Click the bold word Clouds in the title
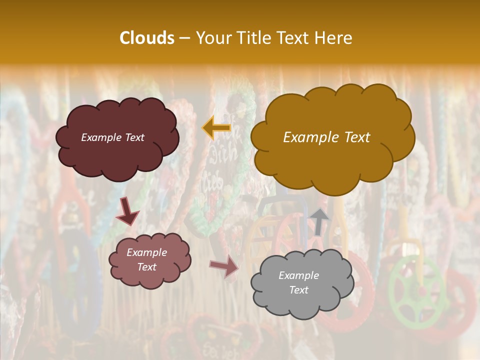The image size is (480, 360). pyautogui.click(x=147, y=38)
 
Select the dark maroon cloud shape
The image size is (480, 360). pyautogui.click(x=117, y=155)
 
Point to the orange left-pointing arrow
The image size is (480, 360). pyautogui.click(x=216, y=127)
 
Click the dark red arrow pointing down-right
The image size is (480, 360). pyautogui.click(x=127, y=211)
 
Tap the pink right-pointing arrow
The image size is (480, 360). pyautogui.click(x=224, y=266)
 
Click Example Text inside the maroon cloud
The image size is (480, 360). pyautogui.click(x=112, y=137)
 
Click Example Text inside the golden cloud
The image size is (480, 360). pyautogui.click(x=326, y=137)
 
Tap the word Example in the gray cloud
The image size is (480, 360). pyautogui.click(x=298, y=275)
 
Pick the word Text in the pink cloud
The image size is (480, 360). pyautogui.click(x=147, y=267)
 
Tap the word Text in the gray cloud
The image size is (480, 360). pyautogui.click(x=298, y=290)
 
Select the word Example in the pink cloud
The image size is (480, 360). pyautogui.click(x=147, y=252)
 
